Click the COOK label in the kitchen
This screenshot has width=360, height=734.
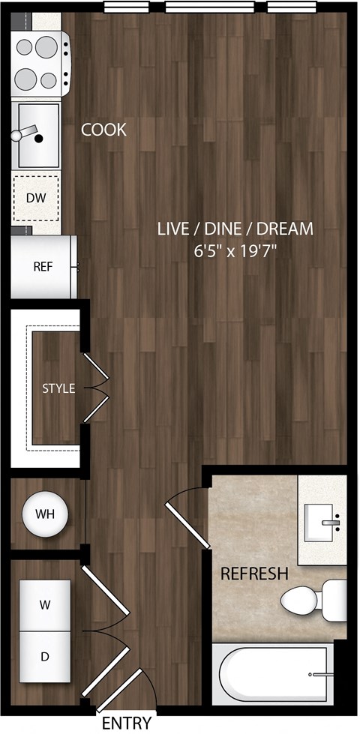coord(103,130)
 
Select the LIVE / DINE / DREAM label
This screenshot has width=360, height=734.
coord(235,229)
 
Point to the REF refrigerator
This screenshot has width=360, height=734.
coord(43,266)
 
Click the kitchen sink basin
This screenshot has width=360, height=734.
coord(37,136)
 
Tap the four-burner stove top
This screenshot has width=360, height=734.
coord(39,63)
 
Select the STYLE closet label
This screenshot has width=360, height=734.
coord(58,388)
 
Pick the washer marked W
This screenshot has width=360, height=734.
coord(44,604)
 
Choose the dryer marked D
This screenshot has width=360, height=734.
coord(44,657)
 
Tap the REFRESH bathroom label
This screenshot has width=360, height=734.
coord(254,574)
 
